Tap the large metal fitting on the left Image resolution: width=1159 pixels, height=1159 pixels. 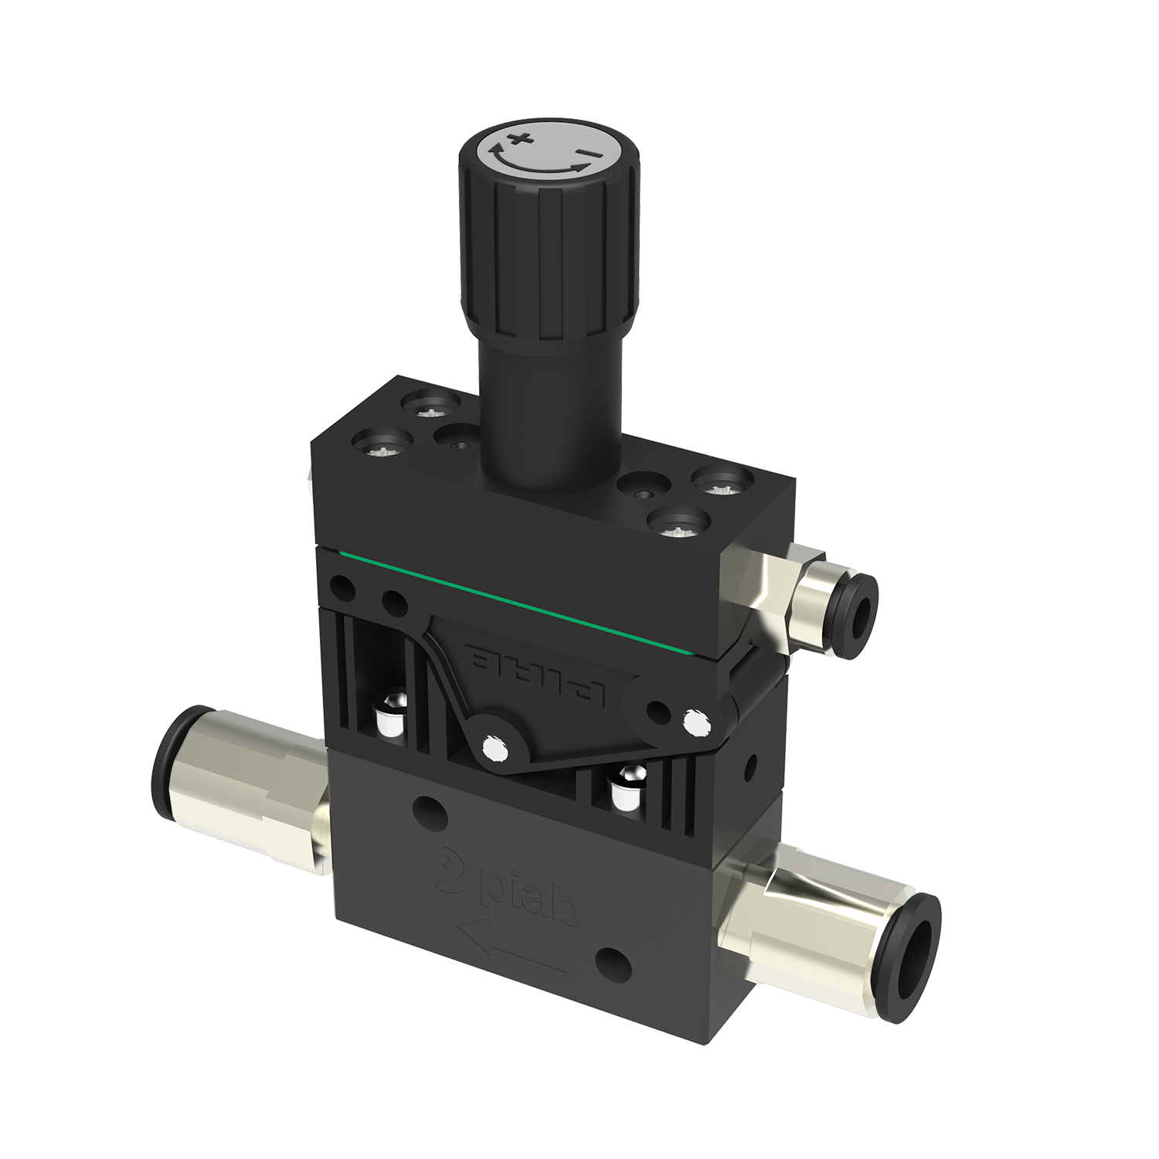click(x=247, y=797)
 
